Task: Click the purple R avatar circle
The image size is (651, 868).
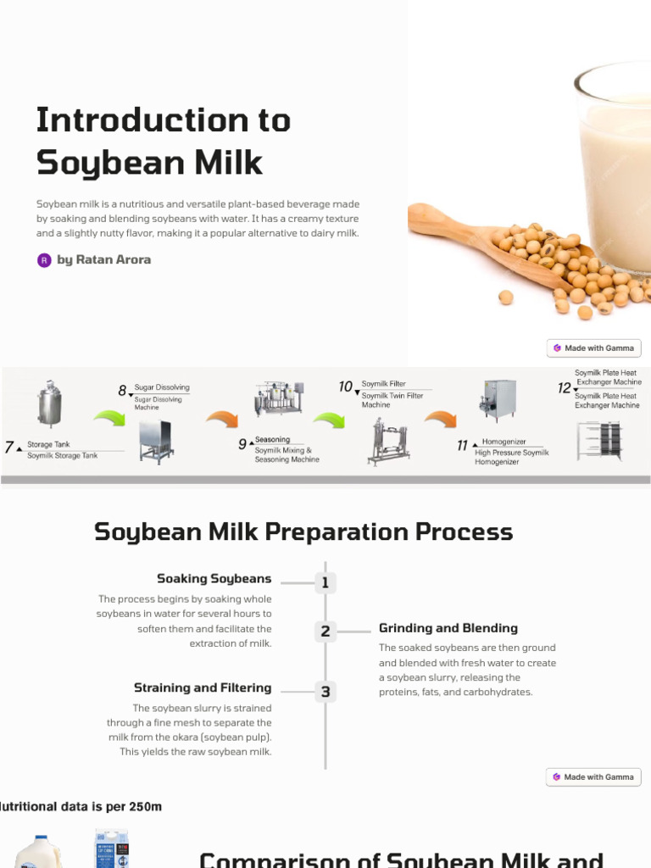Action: click(x=44, y=260)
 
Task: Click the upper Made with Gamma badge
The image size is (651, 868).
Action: click(x=593, y=348)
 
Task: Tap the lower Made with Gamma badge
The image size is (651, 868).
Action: click(x=593, y=776)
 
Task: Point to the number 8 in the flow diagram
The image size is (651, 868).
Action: click(x=122, y=391)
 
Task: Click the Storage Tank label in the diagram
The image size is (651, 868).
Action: click(x=48, y=444)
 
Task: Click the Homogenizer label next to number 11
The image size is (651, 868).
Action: click(x=504, y=442)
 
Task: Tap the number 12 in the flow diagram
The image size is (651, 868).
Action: click(x=564, y=387)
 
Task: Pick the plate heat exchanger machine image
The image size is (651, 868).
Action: click(x=599, y=440)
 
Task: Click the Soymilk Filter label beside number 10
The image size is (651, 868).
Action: click(x=383, y=384)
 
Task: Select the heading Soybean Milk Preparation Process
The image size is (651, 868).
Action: click(x=303, y=531)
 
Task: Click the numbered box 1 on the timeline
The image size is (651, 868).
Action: click(x=325, y=582)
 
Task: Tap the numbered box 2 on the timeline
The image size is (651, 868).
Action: click(x=325, y=631)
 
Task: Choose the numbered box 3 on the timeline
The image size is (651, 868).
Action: click(x=325, y=692)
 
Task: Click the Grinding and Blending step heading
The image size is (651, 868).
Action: click(x=448, y=628)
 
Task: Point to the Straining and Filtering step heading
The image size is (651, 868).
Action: click(x=203, y=687)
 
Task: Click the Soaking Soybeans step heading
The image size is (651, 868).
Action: click(x=214, y=579)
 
